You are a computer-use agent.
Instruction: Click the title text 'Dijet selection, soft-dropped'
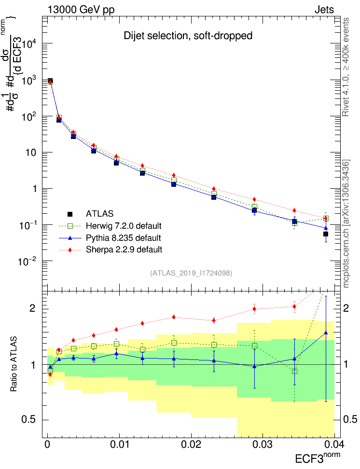point(188,36)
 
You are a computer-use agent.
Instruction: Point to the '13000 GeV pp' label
point(81,10)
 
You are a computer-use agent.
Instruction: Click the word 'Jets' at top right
point(324,10)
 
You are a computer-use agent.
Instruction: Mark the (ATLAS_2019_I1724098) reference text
point(191,273)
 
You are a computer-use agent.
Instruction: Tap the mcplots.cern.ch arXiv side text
point(346,223)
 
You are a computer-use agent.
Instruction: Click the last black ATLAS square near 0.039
point(326,234)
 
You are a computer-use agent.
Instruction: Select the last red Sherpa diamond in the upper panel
point(326,218)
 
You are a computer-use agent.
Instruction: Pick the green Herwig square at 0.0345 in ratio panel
point(294,371)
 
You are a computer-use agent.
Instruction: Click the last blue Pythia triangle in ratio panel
point(326,332)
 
